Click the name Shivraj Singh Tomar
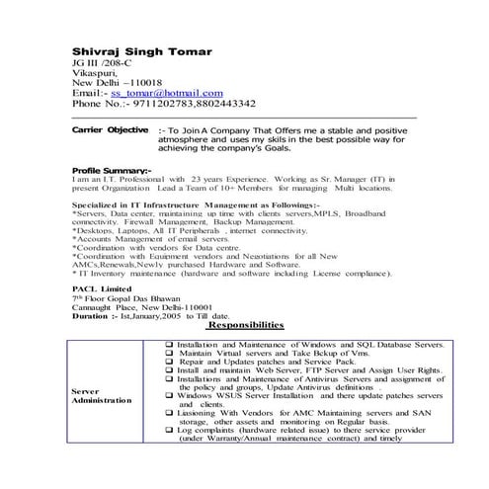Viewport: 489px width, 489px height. (x=141, y=50)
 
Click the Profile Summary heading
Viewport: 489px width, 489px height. (x=112, y=170)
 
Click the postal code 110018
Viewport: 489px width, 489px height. (x=143, y=82)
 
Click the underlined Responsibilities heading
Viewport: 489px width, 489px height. (x=244, y=325)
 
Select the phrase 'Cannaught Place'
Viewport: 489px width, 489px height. (x=107, y=306)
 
